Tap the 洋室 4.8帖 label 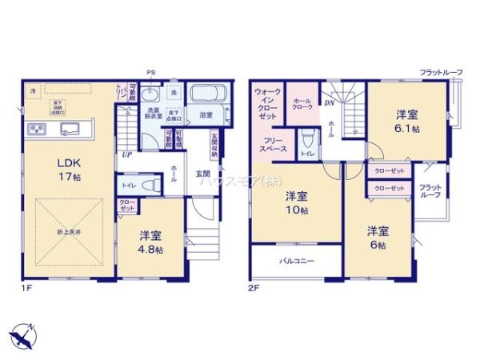150,242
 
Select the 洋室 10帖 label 298,203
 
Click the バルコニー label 296,261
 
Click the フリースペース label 274,145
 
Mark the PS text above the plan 150,74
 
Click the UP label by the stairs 126,154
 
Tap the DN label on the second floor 329,102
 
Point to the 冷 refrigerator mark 34,91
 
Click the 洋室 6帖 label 378,238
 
